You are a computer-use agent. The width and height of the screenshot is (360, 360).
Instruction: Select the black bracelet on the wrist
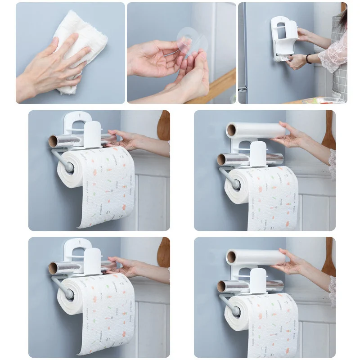(x=309, y=58)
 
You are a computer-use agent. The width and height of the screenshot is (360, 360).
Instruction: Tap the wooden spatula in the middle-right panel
(x=329, y=128)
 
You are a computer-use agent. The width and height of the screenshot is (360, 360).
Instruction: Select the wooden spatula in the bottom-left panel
(x=163, y=252)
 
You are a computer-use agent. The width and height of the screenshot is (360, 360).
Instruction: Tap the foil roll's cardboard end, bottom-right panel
(x=222, y=286)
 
